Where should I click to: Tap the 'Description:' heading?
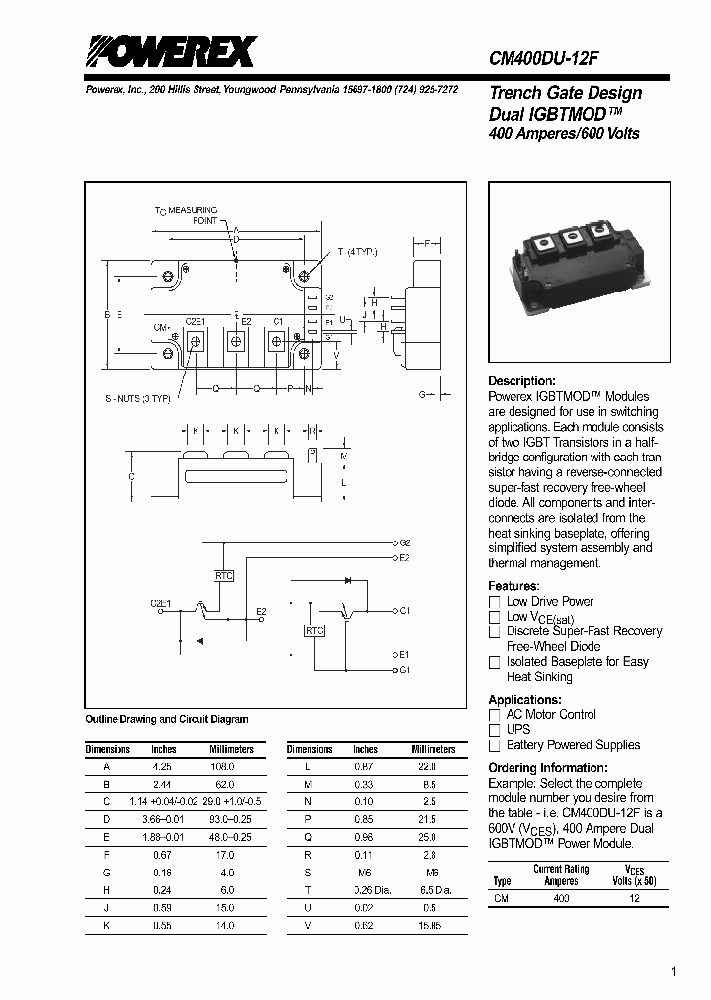point(521,381)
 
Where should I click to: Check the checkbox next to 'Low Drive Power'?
point(495,602)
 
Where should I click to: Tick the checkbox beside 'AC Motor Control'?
point(495,715)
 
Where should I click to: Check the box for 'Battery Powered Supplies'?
point(495,746)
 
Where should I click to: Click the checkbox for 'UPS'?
point(495,730)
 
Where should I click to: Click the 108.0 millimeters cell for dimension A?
point(223,766)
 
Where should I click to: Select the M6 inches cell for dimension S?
point(365,873)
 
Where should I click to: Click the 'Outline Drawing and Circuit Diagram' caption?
point(167,720)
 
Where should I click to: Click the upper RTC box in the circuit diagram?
point(224,574)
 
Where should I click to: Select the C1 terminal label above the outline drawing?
point(277,322)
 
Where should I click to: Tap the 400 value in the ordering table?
point(561,899)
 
